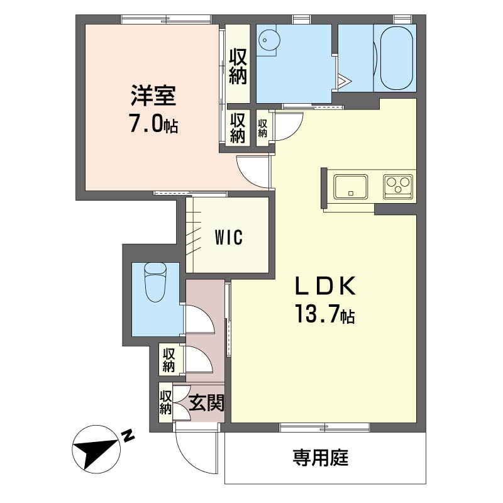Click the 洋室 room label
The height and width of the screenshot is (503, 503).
153,96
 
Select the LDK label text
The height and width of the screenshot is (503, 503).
325,286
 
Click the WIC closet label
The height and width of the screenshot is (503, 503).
229,238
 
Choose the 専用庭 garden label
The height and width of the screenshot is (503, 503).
320,458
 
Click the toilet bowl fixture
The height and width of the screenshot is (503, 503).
156,282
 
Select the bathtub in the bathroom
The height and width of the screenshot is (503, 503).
396,58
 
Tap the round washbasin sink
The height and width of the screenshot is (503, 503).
269,40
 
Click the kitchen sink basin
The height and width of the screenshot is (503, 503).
351,186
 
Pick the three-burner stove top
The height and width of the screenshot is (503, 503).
398,186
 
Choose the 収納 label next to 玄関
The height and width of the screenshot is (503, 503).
166,402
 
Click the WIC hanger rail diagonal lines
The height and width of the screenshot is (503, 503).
194,234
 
